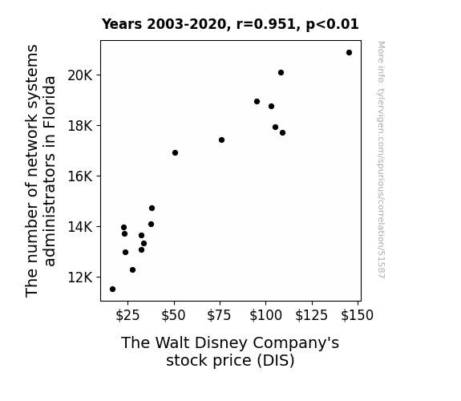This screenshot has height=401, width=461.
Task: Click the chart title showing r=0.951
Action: [230, 24]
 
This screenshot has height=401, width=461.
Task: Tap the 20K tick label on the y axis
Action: [80, 75]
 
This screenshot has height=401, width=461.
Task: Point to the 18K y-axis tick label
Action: [80, 126]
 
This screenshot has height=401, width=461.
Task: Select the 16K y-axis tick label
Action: [80, 176]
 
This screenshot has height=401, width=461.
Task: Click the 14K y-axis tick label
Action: [80, 227]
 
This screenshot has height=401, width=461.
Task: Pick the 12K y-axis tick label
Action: [80, 277]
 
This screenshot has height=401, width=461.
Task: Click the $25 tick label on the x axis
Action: [127, 315]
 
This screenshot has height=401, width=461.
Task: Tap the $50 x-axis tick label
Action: [173, 315]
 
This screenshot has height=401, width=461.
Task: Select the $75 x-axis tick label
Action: [220, 315]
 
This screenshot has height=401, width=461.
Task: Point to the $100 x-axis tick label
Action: [266, 315]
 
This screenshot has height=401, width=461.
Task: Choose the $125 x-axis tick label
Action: [312, 315]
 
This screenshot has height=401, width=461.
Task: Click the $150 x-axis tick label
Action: [358, 315]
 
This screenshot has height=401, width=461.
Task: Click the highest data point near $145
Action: [349, 53]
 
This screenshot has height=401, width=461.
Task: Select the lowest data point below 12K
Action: [112, 290]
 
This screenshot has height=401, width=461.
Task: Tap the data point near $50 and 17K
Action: [175, 152]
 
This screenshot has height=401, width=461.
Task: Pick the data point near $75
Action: [221, 140]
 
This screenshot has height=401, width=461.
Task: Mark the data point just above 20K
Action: [281, 73]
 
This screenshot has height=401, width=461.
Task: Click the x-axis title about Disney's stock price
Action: [230, 351]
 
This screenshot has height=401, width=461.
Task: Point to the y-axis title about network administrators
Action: [40, 171]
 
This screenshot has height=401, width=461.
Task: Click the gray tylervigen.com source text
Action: [382, 160]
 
